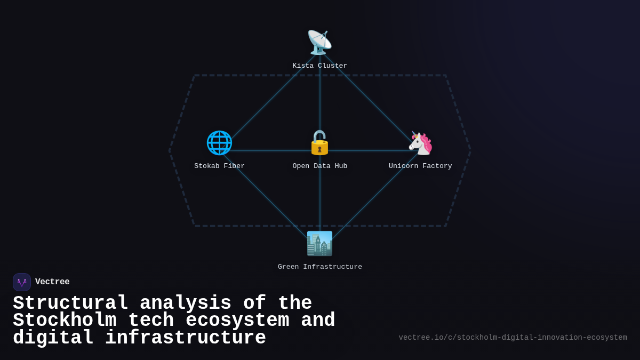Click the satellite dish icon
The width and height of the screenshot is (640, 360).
pos(319,43)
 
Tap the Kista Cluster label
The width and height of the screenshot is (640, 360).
pos(320,66)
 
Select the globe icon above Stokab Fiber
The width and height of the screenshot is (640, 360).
pos(219,143)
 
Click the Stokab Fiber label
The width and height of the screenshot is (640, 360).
pos(219,166)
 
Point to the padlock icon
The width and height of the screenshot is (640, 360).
pos(319,143)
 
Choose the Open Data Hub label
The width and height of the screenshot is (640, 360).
pos(320,166)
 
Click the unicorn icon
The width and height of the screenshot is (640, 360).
pos(420,143)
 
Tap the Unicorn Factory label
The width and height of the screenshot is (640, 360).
pos(420,166)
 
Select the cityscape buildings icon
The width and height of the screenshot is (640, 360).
pos(319,244)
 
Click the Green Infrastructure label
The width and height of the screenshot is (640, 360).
pos(320,267)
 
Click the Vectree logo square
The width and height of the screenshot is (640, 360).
pos(22,282)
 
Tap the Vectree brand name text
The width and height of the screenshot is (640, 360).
pos(52,282)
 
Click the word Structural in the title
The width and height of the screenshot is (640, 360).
pos(70,303)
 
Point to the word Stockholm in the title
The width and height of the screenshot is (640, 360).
pos(65,321)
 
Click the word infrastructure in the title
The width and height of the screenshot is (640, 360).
pos(186,338)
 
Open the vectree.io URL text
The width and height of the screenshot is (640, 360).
pos(513,338)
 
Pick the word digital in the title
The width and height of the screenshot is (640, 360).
pos(53,338)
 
